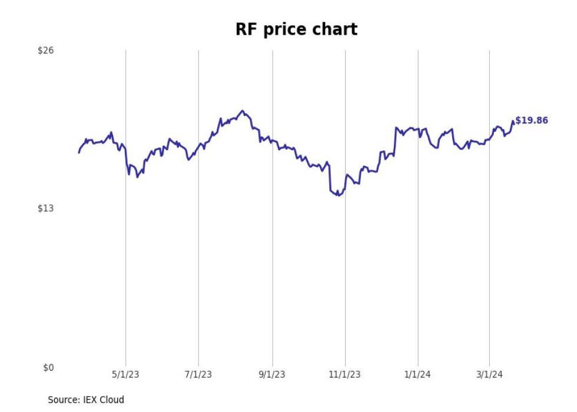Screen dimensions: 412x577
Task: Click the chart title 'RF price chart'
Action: point(296,29)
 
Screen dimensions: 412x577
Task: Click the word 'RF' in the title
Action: point(246,29)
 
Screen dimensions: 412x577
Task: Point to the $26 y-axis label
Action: point(45,51)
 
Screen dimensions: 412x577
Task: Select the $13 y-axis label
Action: point(45,209)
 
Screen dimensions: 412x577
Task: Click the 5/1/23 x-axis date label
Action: point(125,375)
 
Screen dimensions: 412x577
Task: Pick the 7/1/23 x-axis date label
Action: point(198,375)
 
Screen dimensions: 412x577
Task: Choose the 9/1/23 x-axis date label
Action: point(272,375)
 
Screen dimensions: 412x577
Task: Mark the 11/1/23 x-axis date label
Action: point(345,375)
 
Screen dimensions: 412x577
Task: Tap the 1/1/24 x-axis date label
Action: point(418,375)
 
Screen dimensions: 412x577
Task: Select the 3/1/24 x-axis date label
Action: point(489,375)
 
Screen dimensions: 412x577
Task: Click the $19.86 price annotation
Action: point(532,120)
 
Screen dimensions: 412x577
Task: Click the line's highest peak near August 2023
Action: point(242,111)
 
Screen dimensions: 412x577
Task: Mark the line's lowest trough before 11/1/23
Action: point(337,195)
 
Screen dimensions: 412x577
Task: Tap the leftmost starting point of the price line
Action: point(79,153)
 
